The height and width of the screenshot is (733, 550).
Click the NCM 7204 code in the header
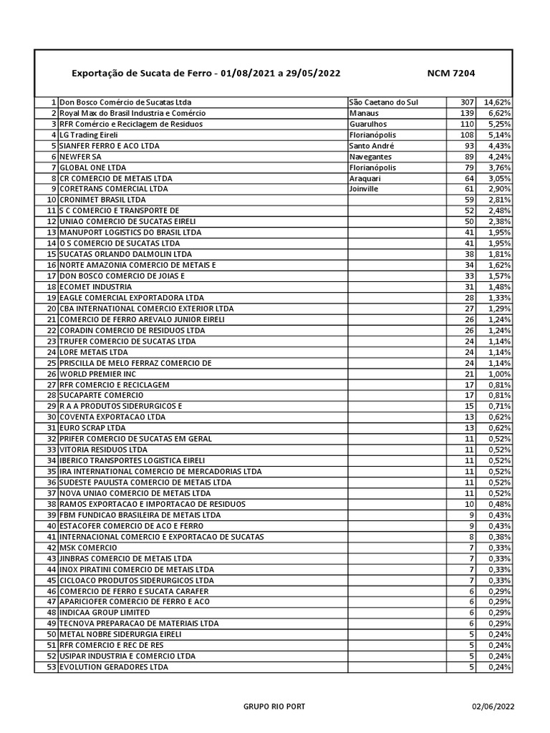pyautogui.click(x=450, y=73)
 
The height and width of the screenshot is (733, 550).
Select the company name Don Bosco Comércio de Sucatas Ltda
pyautogui.click(x=125, y=102)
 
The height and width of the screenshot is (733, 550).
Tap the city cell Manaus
pyautogui.click(x=365, y=113)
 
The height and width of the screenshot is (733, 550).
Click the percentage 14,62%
pyautogui.click(x=497, y=102)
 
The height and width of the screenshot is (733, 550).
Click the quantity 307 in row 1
pyautogui.click(x=467, y=102)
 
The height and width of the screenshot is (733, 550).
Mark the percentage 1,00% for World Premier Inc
pyautogui.click(x=499, y=374)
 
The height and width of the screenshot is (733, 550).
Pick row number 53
pyautogui.click(x=51, y=667)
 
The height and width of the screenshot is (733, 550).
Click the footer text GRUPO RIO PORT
pyautogui.click(x=274, y=707)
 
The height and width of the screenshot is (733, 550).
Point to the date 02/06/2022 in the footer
pyautogui.click(x=493, y=707)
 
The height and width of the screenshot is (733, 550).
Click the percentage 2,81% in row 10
pyautogui.click(x=499, y=199)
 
